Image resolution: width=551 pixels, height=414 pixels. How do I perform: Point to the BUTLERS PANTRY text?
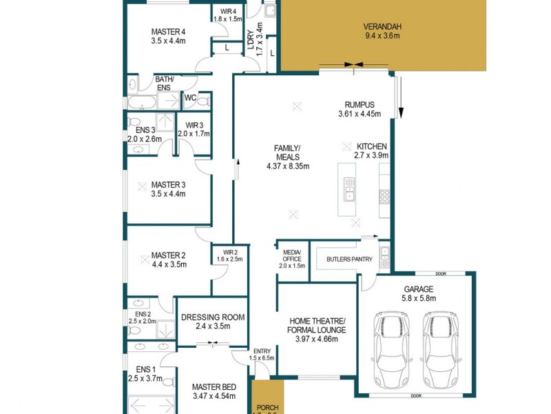tap(344, 259)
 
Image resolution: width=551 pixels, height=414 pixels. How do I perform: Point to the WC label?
tap(191, 98)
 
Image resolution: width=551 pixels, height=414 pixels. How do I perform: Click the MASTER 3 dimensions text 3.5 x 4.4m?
tap(169, 194)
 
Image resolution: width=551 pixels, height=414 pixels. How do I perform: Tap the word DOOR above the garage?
tap(441, 273)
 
